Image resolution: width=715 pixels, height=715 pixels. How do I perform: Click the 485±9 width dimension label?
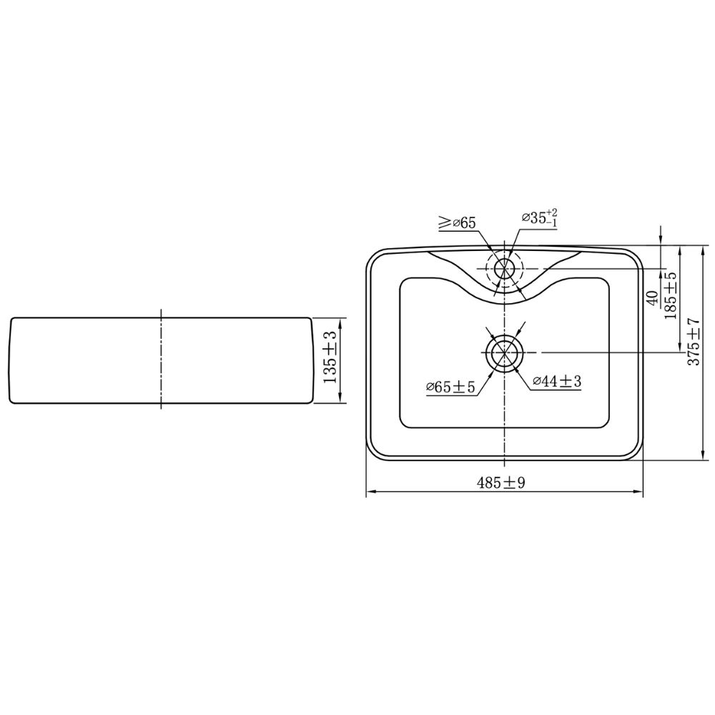(x=501, y=483)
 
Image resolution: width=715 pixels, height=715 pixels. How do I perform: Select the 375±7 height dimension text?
(x=693, y=342)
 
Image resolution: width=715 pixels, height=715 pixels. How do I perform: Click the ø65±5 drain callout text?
(x=450, y=387)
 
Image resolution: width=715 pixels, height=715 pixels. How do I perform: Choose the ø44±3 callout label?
(x=557, y=382)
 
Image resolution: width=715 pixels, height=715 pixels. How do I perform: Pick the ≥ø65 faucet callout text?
(x=457, y=223)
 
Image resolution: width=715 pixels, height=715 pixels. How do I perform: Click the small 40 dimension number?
(x=652, y=297)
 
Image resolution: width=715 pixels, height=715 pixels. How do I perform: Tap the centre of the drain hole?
(x=505, y=352)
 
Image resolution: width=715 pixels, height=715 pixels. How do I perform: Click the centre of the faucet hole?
(x=505, y=269)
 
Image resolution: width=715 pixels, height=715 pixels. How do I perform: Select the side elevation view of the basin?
(x=162, y=361)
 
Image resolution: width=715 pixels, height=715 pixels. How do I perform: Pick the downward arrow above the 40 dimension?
(x=661, y=239)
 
